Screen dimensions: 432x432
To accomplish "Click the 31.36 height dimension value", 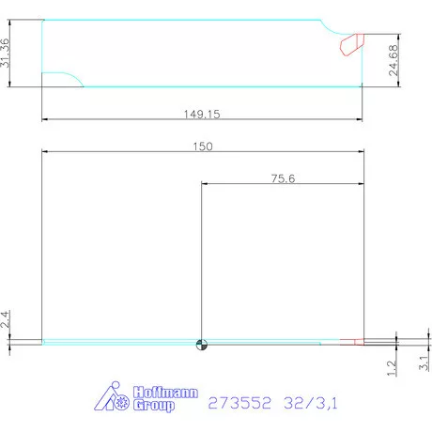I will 7,53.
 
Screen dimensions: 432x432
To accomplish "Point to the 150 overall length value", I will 203,146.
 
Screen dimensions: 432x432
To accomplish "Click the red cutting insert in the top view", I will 352,43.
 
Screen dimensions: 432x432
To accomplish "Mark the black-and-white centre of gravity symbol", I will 200,343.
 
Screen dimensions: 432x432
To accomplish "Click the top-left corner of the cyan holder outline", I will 43,20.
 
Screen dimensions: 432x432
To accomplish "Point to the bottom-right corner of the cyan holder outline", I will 362,86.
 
